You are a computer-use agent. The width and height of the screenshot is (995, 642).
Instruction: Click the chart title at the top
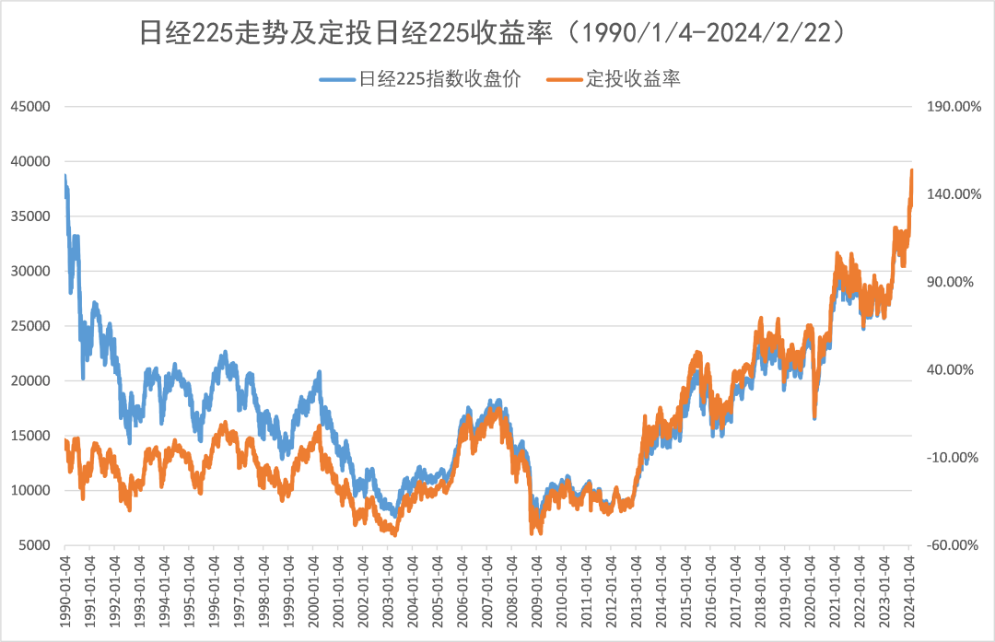point(497,32)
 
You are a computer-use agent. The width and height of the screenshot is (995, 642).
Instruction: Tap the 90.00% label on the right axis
point(948,282)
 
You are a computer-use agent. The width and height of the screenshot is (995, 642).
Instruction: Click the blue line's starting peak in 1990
point(65,175)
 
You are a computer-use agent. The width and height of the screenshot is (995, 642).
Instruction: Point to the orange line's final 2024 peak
point(911,170)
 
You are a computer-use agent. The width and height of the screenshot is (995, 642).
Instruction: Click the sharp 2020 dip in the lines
point(814,416)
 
